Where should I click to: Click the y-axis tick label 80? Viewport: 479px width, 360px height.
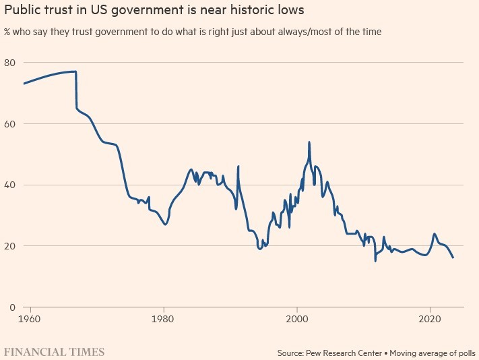(x=11, y=63)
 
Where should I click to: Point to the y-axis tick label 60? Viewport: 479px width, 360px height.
(x=11, y=124)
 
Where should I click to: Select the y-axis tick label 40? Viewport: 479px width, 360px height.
(x=11, y=185)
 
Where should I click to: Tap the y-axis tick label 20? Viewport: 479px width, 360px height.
(x=11, y=246)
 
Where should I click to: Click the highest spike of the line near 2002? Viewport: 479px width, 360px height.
(x=309, y=142)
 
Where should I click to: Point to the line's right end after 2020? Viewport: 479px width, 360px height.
(x=453, y=258)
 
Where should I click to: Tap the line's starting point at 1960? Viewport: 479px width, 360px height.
(x=24, y=84)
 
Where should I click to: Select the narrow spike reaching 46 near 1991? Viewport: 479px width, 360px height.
(x=238, y=167)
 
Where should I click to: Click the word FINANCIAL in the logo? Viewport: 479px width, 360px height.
(x=31, y=352)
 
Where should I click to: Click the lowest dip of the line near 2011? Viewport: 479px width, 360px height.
(x=375, y=260)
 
